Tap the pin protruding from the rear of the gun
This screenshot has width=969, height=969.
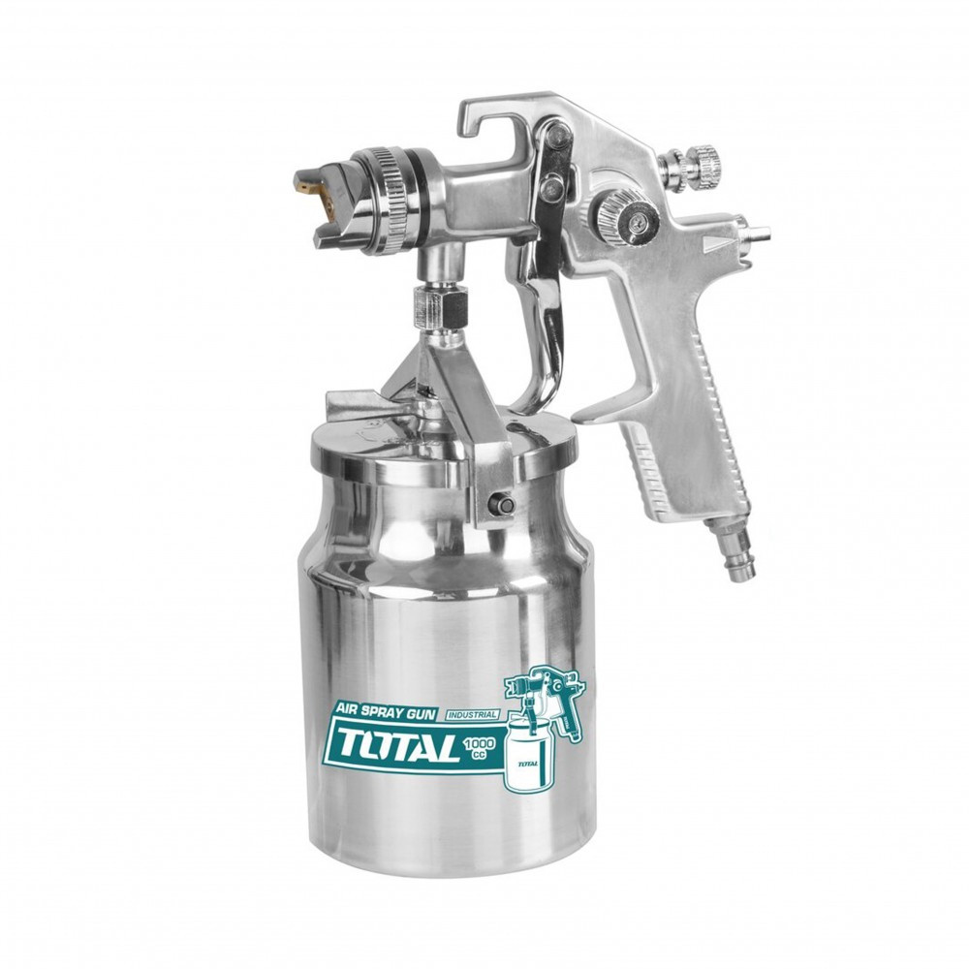[757, 234]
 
